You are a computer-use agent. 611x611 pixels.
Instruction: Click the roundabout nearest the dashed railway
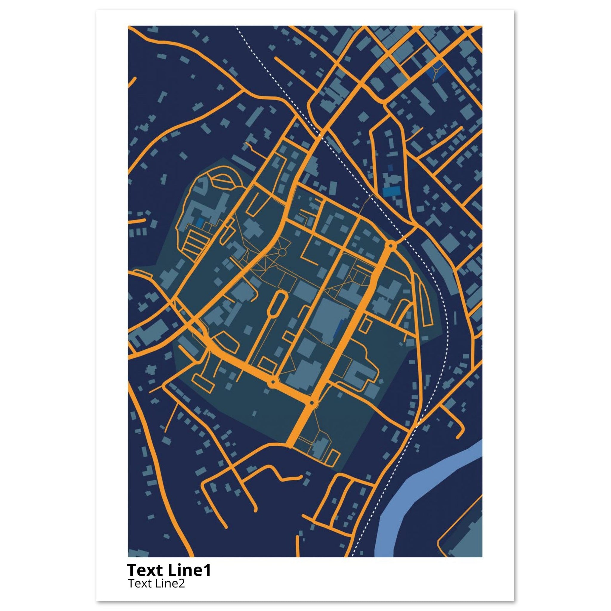coord(391,245)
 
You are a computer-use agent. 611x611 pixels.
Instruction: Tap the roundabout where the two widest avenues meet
coord(312,402)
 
